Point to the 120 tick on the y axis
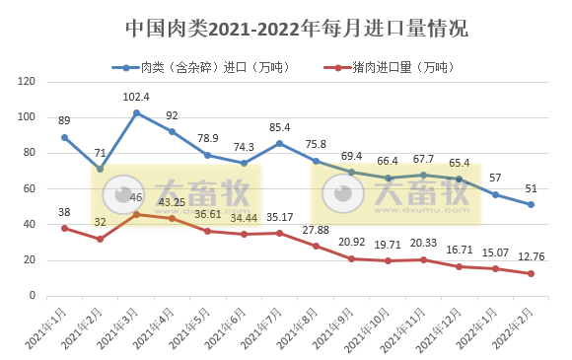point(28,82)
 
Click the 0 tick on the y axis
point(34,296)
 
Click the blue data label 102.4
point(136,97)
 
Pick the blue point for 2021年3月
point(136,112)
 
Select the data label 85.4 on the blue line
point(280,127)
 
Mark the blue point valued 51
point(532,204)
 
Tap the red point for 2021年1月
point(64,228)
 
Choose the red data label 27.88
point(317,231)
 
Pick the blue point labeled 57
point(495,194)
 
